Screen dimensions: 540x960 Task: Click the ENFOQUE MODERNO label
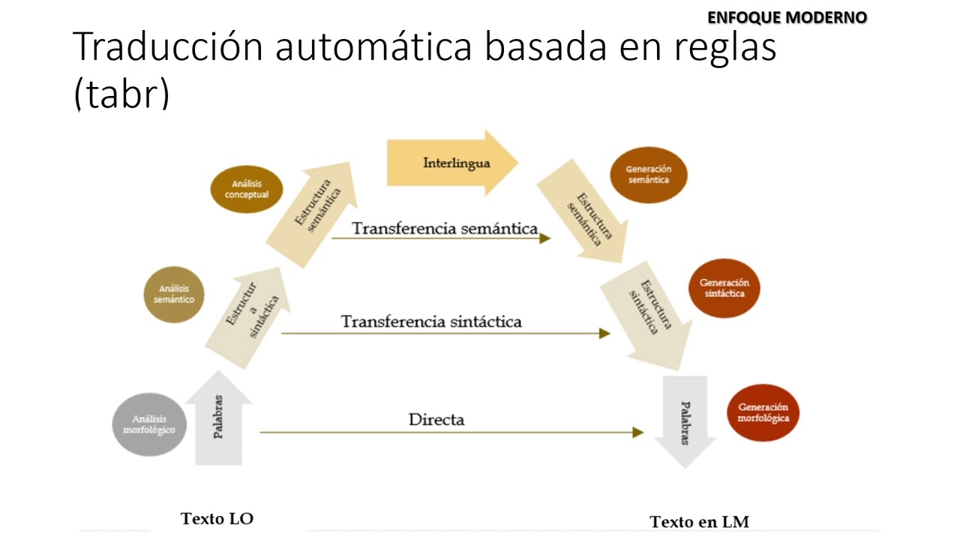tap(787, 17)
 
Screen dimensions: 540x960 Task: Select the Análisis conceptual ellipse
tap(247, 189)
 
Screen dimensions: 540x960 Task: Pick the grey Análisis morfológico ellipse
tap(148, 424)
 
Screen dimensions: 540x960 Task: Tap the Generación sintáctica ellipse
tap(724, 288)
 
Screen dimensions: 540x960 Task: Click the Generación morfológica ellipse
tap(763, 412)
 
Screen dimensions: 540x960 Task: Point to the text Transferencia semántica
tap(445, 229)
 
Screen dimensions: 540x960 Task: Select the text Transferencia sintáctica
tap(431, 322)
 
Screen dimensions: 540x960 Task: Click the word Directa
tap(436, 419)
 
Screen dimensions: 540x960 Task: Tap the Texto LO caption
tap(217, 518)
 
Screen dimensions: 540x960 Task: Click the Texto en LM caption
tap(699, 521)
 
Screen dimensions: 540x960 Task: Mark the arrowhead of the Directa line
tap(638, 432)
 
